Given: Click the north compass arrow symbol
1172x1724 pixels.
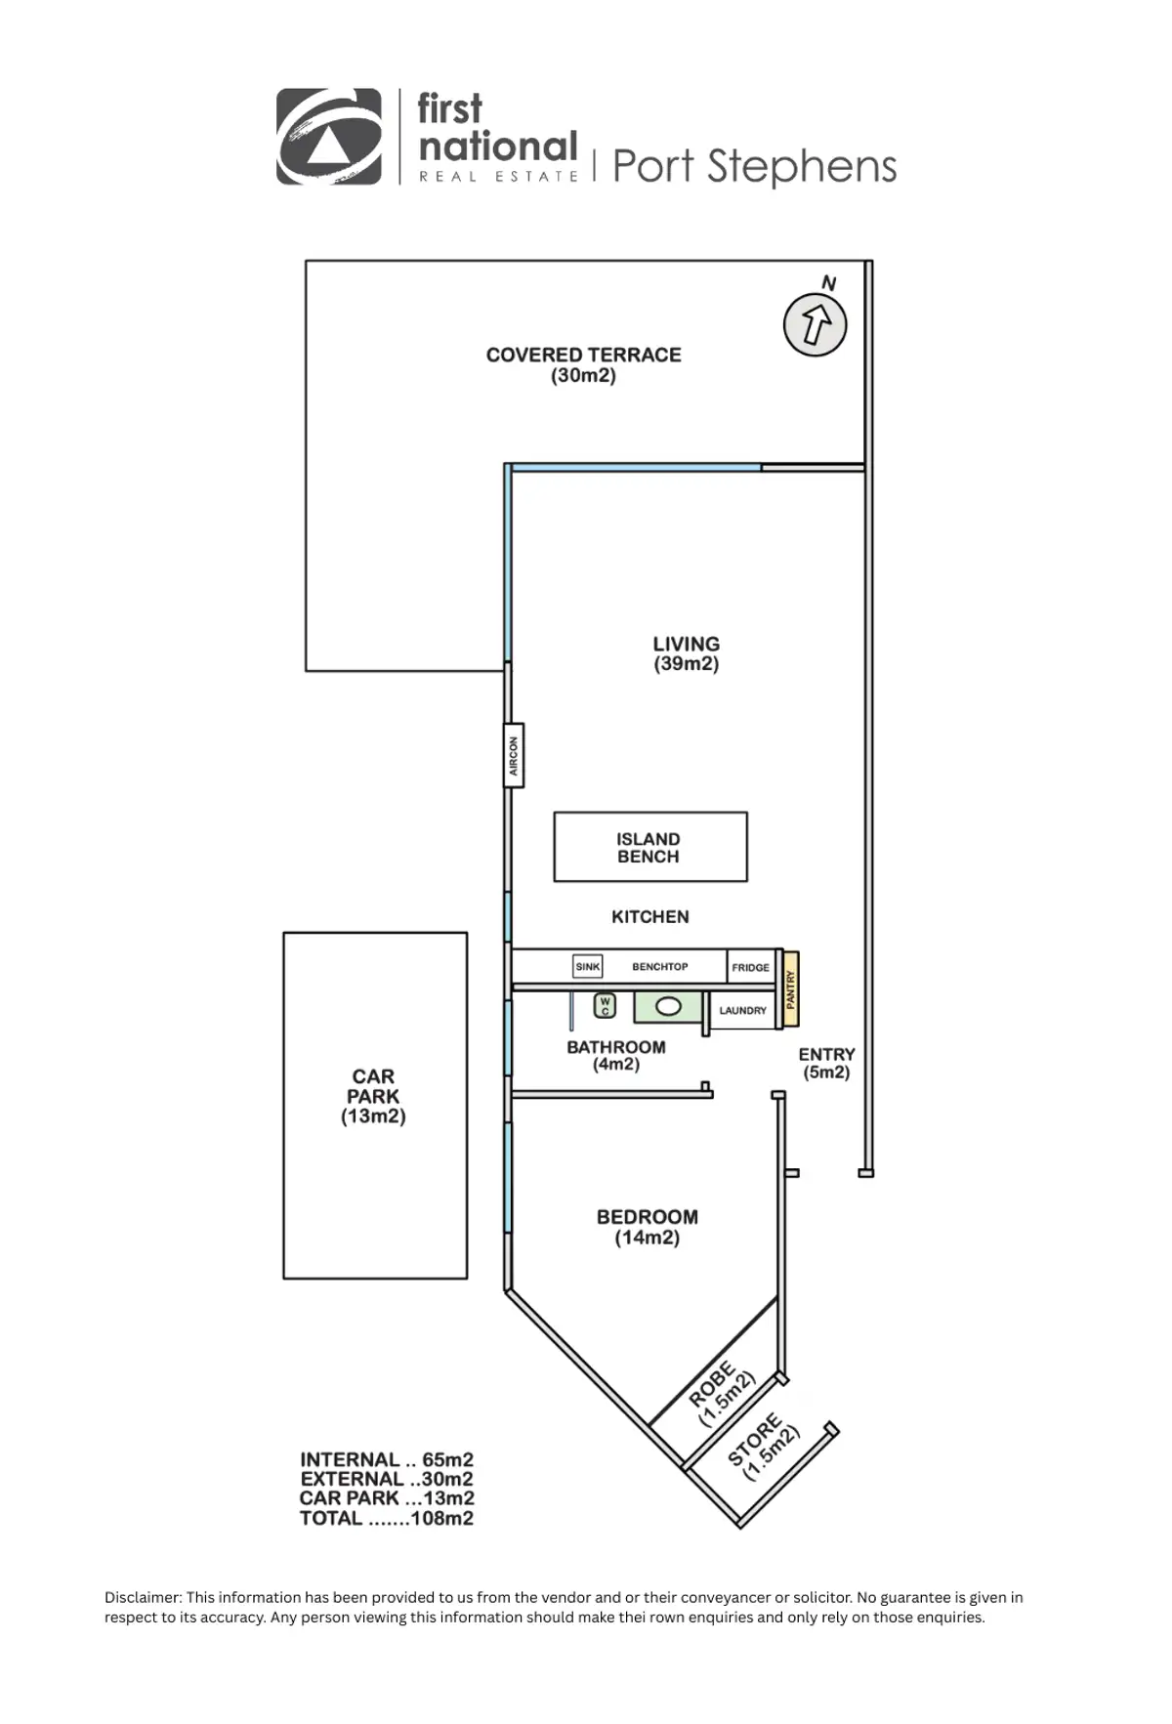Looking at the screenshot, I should pos(815,324).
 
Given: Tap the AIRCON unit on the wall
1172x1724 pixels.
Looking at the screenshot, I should pos(514,755).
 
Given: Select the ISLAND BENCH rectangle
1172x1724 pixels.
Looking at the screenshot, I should pos(649,847).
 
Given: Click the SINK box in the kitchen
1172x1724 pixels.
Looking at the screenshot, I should pos(588,966).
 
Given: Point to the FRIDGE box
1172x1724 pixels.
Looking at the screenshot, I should pos(751,967).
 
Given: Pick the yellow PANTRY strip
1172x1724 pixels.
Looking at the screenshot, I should pos(791,988).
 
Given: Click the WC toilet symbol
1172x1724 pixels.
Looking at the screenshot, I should pos(605,1005).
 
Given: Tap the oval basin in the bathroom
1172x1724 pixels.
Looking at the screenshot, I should pos(669,1006).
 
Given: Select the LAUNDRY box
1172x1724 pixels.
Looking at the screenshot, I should pos(742,1010).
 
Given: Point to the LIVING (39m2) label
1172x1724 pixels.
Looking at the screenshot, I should pos(686,653).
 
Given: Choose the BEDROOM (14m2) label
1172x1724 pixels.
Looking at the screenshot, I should pos(647,1227).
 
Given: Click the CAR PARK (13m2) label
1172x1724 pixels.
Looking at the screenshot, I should pos(373,1096).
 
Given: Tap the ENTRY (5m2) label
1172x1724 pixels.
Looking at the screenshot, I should pos(826,1063).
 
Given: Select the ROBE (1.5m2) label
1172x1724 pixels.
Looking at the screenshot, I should pos(722,1394).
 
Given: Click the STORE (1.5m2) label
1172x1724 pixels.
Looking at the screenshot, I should pos(764,1446).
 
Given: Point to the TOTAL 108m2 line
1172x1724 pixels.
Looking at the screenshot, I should pos(387,1518).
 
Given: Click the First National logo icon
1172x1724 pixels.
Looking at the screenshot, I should pos(329,137).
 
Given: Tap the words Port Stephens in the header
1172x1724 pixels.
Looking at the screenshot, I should pos(754,166).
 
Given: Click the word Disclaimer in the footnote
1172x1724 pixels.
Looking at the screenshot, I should pos(143,1597).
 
